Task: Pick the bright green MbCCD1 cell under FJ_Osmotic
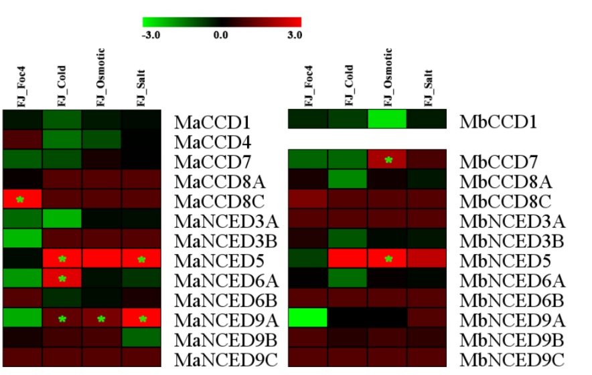(x=387, y=119)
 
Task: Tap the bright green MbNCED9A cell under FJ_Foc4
(x=307, y=318)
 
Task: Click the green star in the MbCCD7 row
(x=388, y=160)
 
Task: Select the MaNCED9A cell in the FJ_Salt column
(x=141, y=318)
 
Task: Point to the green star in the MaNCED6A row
(x=62, y=279)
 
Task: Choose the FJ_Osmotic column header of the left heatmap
(x=101, y=77)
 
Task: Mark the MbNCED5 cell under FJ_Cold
(x=348, y=259)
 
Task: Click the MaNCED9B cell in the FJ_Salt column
(x=141, y=338)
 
